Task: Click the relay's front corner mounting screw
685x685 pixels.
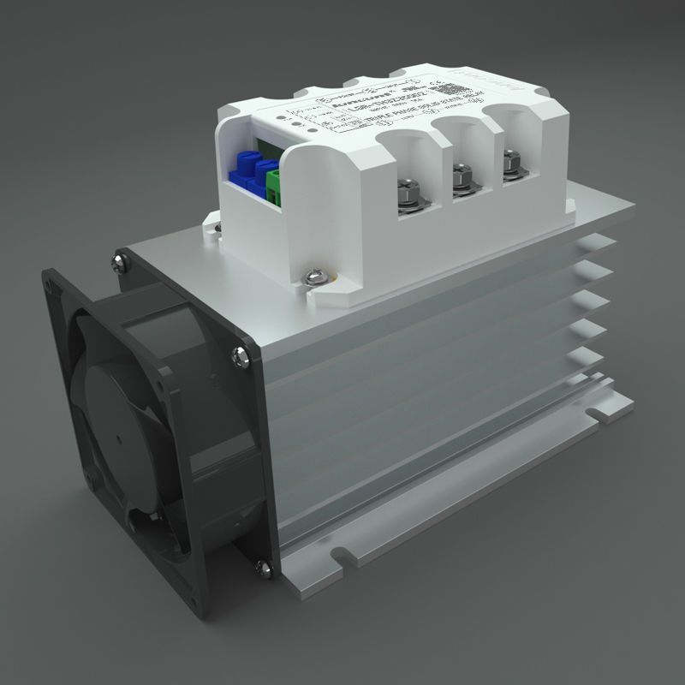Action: point(313,276)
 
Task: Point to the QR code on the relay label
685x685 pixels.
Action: point(442,89)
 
